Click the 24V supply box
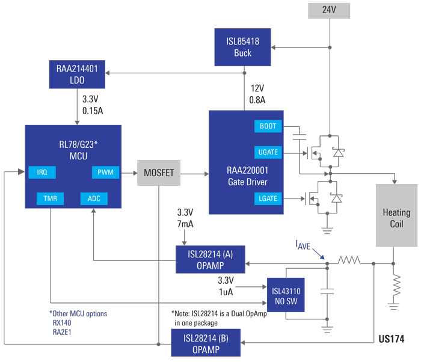coord(328,10)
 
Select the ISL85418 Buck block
coord(244,48)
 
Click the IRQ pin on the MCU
coord(42,173)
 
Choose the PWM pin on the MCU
coord(105,173)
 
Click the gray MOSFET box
coord(159,173)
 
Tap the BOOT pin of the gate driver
coord(268,127)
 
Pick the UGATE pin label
coord(268,153)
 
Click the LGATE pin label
coord(268,198)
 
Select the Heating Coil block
coord(396,217)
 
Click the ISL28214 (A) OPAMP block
coord(209,259)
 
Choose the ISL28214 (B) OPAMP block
coord(206,343)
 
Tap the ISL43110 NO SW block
coord(286,295)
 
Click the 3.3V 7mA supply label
coord(185,218)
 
